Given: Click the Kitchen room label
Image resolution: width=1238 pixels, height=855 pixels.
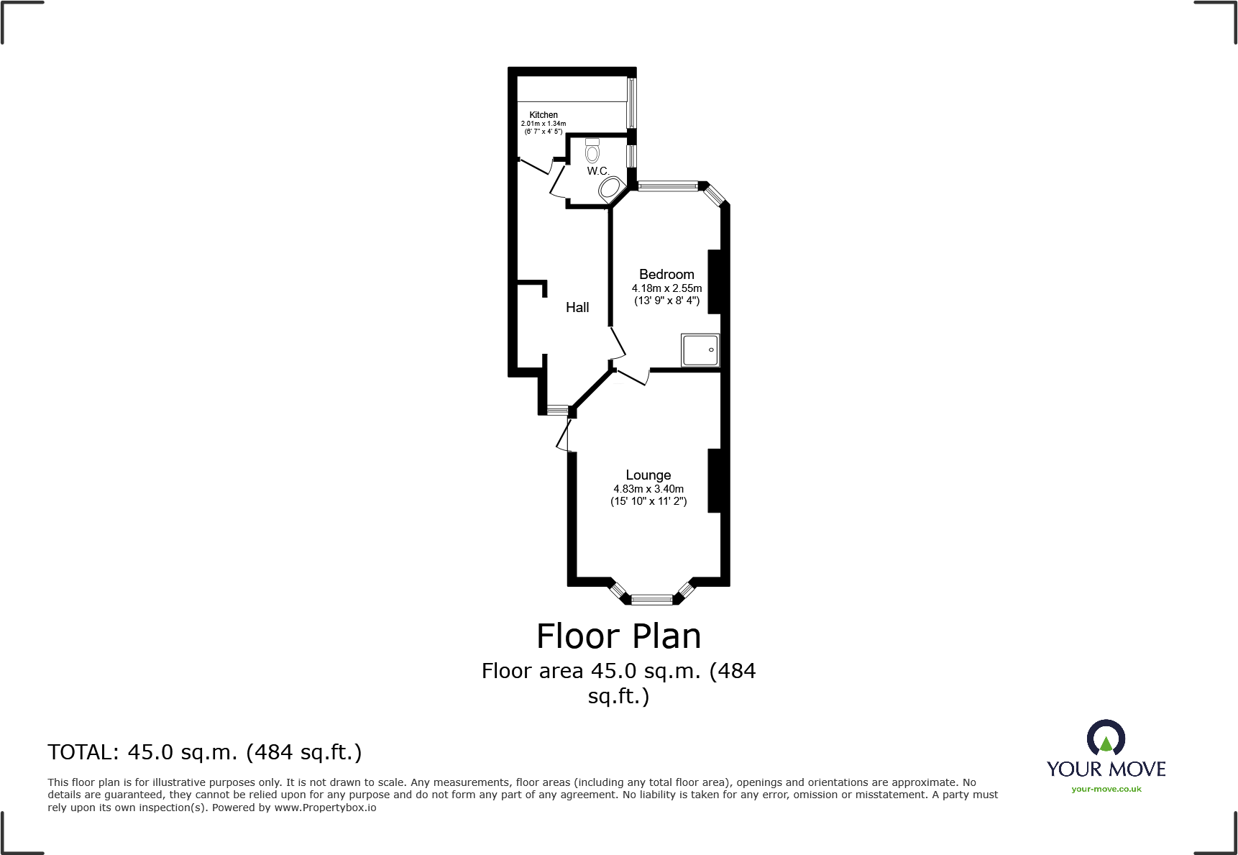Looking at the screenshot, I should (x=544, y=115).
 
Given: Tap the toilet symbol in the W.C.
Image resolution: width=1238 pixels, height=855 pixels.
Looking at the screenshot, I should (x=592, y=150).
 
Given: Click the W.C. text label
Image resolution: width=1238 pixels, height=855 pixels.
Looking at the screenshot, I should (x=597, y=171).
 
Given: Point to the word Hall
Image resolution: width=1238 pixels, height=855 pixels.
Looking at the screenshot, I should (x=577, y=308).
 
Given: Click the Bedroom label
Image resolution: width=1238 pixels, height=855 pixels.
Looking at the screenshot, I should (x=666, y=275).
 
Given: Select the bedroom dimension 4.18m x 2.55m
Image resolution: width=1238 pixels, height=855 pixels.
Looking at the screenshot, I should (x=666, y=288).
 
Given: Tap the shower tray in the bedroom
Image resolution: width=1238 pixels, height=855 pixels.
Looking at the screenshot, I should (x=700, y=350).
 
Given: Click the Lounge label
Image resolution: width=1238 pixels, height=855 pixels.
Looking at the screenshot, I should (x=648, y=475).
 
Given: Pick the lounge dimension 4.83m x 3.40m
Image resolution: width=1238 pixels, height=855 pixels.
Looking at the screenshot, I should (x=648, y=489).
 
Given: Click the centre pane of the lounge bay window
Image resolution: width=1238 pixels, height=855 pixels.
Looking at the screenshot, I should (x=651, y=598).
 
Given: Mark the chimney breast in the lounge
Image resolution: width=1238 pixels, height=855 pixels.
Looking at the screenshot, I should (x=715, y=480).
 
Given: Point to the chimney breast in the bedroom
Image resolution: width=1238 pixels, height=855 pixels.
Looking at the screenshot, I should (x=715, y=281).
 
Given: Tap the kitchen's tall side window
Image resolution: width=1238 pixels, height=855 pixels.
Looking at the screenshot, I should (x=631, y=103).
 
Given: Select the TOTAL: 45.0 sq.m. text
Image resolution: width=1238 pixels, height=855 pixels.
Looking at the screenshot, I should (x=205, y=752).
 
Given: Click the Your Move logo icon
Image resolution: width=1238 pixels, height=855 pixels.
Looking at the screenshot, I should (x=1106, y=738).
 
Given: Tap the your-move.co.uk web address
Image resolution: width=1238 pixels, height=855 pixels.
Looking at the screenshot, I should (x=1106, y=789).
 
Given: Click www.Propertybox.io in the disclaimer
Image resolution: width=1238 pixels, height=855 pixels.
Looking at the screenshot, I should (x=325, y=808).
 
